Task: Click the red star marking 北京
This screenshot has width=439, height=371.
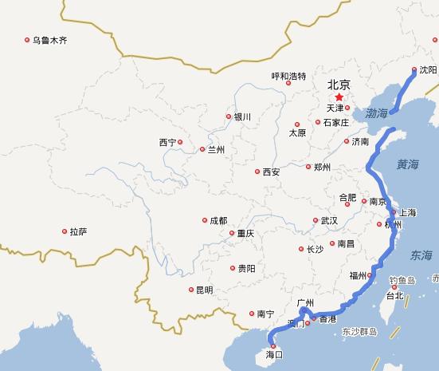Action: pyautogui.click(x=339, y=97)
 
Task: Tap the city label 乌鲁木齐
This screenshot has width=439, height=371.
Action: pyautogui.click(x=52, y=39)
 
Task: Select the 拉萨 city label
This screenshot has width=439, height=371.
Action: pyautogui.click(x=78, y=231)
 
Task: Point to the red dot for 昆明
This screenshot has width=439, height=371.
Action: pyautogui.click(x=191, y=290)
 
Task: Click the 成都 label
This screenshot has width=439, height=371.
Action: pyautogui.click(x=218, y=220)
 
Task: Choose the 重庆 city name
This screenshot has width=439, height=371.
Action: pyautogui.click(x=245, y=234)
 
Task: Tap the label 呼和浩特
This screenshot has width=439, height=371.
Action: pyautogui.click(x=288, y=77)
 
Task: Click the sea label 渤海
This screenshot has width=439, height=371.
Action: pyautogui.click(x=377, y=114)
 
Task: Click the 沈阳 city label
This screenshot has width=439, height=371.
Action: pyautogui.click(x=427, y=70)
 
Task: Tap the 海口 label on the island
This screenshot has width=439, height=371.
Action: pyautogui.click(x=274, y=353)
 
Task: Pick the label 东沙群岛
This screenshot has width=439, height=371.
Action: pyautogui.click(x=359, y=330)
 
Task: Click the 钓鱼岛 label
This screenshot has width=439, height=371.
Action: pyautogui.click(x=402, y=280)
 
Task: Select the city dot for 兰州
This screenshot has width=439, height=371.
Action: pyautogui.click(x=202, y=149)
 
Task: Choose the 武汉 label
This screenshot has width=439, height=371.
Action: pyautogui.click(x=329, y=220)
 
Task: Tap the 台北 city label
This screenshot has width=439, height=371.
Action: pyautogui.click(x=394, y=295)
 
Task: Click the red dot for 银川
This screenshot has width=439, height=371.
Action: pyautogui.click(x=229, y=116)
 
